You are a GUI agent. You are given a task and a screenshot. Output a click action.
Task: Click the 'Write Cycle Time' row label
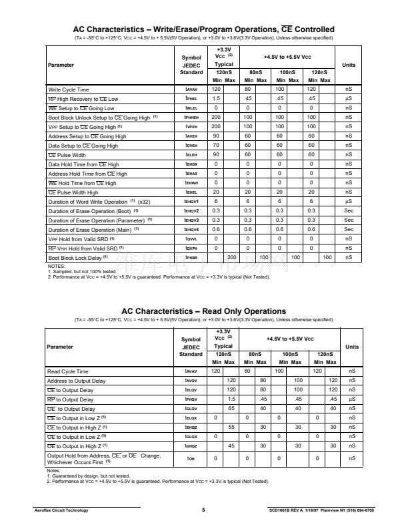[x=69, y=90]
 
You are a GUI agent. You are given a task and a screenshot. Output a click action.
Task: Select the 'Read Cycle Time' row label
[x=67, y=371]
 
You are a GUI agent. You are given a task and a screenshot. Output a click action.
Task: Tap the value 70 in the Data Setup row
[x=215, y=146]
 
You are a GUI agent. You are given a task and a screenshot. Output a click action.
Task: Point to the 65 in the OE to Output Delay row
[x=231, y=409]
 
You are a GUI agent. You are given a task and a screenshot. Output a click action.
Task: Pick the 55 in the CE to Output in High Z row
[x=231, y=427]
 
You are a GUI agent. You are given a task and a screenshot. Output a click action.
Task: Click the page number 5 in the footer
[x=203, y=511]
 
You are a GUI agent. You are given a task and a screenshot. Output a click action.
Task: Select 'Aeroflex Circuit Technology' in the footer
[x=61, y=511]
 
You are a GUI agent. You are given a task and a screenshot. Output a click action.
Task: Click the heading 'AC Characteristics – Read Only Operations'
[x=203, y=311]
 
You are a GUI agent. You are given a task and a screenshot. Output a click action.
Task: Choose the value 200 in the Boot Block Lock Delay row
[x=231, y=258]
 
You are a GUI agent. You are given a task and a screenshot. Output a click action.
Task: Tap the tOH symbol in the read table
[x=191, y=459]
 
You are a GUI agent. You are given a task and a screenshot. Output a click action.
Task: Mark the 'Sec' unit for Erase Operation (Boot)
[x=349, y=211]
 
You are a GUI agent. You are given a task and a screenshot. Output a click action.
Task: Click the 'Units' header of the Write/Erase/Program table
[x=349, y=65]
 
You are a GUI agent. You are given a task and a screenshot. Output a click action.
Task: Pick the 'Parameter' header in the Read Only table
[x=61, y=347]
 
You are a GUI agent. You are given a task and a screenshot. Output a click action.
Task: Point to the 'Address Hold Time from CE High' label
[x=83, y=174]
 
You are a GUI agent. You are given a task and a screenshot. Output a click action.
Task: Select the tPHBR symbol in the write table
[x=191, y=258]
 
